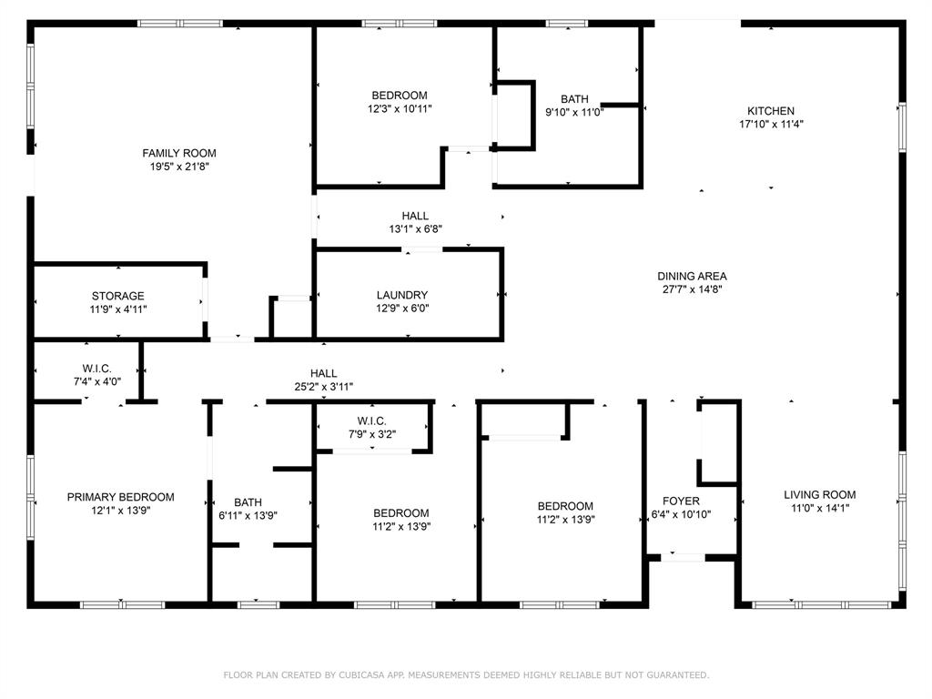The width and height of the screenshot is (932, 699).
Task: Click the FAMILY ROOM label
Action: click(179, 153)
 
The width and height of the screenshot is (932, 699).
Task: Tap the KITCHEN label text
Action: click(771, 111)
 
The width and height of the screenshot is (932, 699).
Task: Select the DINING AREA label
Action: click(692, 277)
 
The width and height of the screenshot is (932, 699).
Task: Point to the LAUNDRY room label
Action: click(402, 295)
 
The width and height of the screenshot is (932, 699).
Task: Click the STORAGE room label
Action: click(117, 296)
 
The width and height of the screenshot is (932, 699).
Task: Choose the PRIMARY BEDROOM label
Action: click(120, 497)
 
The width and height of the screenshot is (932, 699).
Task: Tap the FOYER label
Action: click(681, 501)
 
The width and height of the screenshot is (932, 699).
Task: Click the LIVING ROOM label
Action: click(820, 495)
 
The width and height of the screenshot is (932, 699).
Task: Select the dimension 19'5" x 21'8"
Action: click(179, 167)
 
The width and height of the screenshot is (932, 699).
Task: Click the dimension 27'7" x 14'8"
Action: click(692, 290)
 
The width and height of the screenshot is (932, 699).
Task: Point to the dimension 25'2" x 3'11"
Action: click(323, 387)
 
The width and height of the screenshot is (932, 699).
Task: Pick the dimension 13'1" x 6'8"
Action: click(415, 229)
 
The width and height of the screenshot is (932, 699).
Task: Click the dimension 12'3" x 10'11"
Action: click(400, 108)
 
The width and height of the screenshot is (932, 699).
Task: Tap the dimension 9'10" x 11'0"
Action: click(574, 113)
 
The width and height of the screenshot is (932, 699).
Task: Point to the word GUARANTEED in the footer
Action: click(674, 675)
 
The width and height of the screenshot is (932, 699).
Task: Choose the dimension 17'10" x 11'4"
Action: click(771, 125)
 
